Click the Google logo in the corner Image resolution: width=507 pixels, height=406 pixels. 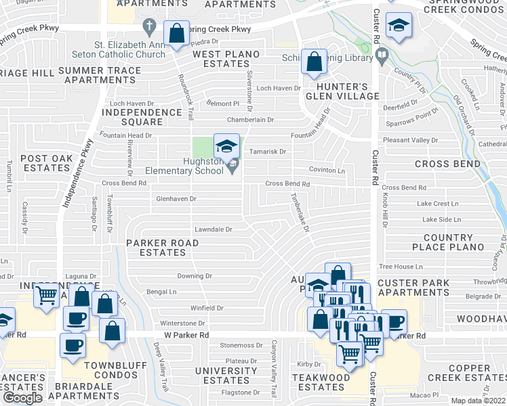coord(22,397)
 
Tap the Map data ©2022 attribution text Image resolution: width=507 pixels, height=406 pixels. coord(478,401)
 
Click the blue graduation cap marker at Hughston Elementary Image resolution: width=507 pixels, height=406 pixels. coord(227,145)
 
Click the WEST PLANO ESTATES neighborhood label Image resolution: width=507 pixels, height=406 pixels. coord(221,59)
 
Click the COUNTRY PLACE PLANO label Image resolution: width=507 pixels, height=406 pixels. coord(448,242)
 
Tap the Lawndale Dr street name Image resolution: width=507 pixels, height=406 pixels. coord(214,229)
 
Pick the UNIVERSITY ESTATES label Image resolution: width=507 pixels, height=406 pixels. coord(226,376)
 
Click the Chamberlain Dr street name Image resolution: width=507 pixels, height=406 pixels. coord(250,120)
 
